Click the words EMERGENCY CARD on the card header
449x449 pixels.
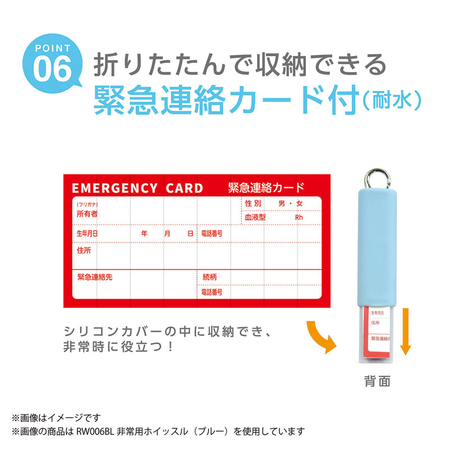tap(137, 188)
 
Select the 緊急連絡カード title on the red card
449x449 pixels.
tap(267, 187)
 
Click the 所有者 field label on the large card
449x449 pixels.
tap(87, 214)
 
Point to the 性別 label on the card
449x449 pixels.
tap(253, 203)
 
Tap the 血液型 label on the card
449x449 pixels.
tap(255, 217)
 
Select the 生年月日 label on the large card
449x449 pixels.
tap(87, 233)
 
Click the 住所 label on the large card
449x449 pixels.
tap(84, 250)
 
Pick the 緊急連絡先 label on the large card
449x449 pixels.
tap(95, 277)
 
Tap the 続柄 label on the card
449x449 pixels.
tap(209, 277)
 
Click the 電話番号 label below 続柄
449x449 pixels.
tap(212, 292)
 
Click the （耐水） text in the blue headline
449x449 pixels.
tap(390, 102)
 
